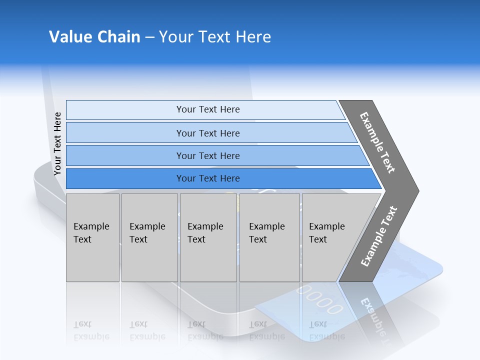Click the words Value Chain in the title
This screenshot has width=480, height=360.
point(94,37)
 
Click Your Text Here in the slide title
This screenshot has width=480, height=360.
point(215,37)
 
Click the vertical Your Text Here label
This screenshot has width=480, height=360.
point(57,143)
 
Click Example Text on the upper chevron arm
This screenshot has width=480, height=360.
point(377,142)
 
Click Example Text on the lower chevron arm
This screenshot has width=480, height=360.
point(378,236)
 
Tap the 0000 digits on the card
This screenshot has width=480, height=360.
point(319,299)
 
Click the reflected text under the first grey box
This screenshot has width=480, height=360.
point(91,330)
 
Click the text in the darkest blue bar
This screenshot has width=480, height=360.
point(208,178)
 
